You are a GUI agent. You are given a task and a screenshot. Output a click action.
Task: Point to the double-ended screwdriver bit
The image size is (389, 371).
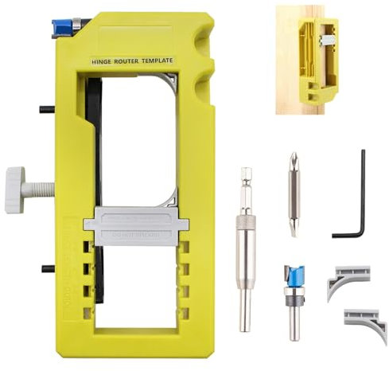point(294,194)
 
